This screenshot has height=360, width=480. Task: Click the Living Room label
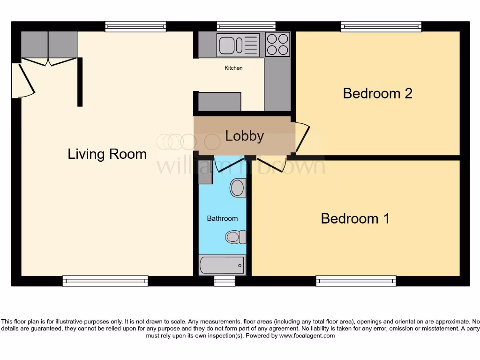107,154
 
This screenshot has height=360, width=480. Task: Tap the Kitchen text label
233,68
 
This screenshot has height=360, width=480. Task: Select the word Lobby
244,136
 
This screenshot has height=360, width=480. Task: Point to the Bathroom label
222,218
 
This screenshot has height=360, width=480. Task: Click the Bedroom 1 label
355,218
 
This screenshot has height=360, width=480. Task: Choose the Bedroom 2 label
377,93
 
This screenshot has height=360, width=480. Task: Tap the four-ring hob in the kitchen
277,45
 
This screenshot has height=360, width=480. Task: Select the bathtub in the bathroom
222,265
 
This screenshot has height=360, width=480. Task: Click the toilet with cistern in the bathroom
236,237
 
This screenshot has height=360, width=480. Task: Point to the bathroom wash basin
238,188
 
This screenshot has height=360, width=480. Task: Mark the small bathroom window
225,281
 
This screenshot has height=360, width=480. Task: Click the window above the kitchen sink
246,26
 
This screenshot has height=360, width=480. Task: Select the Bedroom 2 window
381,26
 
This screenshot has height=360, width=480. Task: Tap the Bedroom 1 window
356,281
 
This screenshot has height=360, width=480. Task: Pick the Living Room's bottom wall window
105,281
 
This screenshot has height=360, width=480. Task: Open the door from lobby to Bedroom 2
302,137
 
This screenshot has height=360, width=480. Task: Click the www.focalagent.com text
307,336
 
